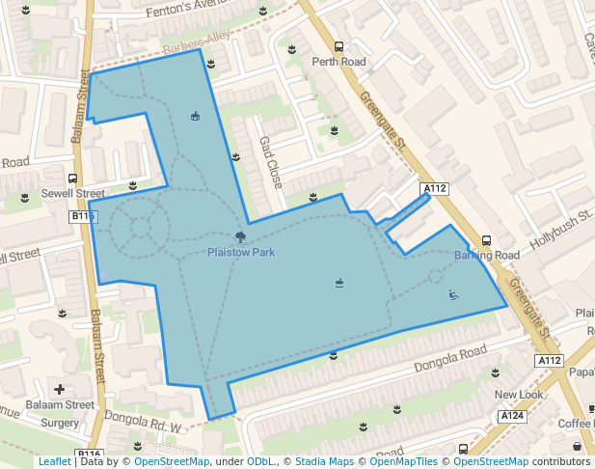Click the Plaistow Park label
click(241, 252)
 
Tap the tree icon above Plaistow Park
click(240, 236)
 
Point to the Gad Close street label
click(270, 161)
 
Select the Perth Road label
click(338, 62)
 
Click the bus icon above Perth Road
click(338, 46)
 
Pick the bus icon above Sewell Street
click(72, 179)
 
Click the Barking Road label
click(487, 256)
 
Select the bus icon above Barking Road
click(486, 241)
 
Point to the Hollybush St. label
click(558, 231)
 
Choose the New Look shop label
click(520, 395)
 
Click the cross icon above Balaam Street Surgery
click(60, 390)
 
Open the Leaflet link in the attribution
click(54, 461)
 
